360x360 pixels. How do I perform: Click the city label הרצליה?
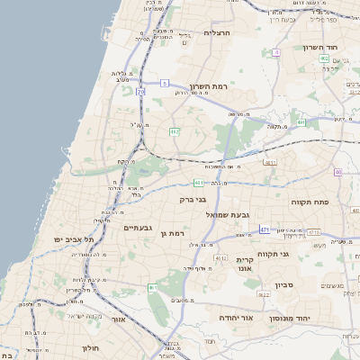click(218, 32)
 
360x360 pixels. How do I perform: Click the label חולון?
click(91, 346)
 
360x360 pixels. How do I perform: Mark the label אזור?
click(118, 319)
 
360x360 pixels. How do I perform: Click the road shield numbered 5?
click(165, 83)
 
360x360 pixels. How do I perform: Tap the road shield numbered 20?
click(140, 92)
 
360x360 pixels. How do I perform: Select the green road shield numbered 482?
click(175, 131)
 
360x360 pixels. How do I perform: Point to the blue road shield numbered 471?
click(265, 230)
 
